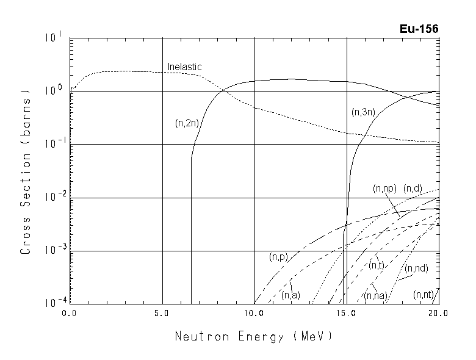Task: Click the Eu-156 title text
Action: click(419, 29)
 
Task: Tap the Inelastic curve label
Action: click(184, 67)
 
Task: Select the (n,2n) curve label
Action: click(187, 123)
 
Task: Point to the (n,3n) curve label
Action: click(364, 112)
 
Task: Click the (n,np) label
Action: click(384, 189)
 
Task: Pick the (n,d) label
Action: click(413, 189)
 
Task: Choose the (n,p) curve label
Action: click(278, 258)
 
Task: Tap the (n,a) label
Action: click(290, 295)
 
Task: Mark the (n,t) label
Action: click(376, 265)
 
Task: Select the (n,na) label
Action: click(374, 296)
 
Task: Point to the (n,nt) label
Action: click(423, 295)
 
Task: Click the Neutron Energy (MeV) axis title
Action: click(254, 336)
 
